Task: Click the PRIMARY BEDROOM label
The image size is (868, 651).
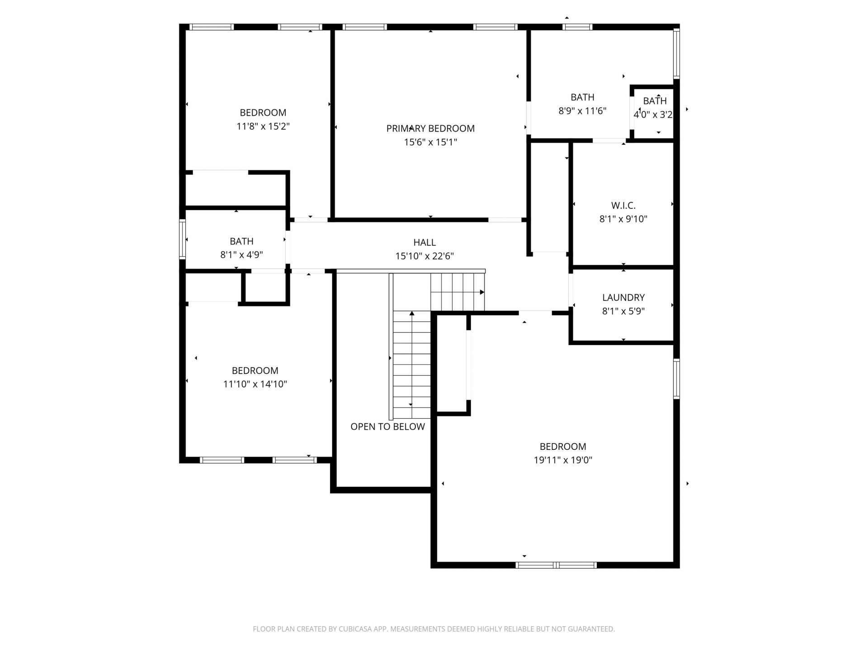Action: pos(430,128)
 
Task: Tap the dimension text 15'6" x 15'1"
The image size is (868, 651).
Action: pos(430,142)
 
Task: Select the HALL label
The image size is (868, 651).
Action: pos(424,242)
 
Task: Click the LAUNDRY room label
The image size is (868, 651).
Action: pos(623,297)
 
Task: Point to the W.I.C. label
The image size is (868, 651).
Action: pos(623,206)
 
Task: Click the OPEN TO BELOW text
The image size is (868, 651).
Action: pos(387,427)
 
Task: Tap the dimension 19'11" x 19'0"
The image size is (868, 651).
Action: pos(562,460)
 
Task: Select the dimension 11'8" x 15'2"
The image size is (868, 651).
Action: pos(263,126)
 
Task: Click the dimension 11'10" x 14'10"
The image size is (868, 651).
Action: pos(255,384)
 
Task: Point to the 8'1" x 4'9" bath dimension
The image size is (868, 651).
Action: pos(241,255)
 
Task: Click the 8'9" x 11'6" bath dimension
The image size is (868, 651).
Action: pos(582,111)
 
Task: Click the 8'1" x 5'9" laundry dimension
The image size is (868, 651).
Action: pos(623,311)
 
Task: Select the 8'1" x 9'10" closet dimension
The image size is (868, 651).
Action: pos(623,219)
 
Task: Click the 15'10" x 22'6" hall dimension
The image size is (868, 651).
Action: pos(424,256)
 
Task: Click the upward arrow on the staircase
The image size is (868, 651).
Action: pos(411,313)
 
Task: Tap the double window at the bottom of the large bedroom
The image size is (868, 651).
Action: pos(556,565)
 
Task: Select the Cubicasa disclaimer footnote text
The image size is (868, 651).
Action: pos(434,629)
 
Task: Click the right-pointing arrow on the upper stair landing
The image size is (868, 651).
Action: pos(482,292)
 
